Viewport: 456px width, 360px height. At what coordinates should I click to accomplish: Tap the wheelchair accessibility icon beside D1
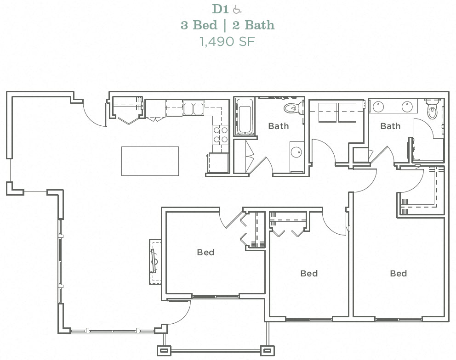(x=237, y=9)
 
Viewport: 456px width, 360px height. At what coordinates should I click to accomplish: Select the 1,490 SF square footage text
(x=227, y=41)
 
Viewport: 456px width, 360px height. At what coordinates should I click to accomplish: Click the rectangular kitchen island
(x=150, y=161)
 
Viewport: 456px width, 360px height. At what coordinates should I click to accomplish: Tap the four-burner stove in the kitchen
(x=220, y=135)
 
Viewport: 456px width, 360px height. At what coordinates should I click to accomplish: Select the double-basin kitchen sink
(x=194, y=109)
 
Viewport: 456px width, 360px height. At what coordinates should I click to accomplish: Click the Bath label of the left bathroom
(x=279, y=126)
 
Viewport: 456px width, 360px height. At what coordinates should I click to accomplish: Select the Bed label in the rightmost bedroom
(x=398, y=273)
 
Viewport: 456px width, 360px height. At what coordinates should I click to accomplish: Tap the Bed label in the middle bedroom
(x=309, y=273)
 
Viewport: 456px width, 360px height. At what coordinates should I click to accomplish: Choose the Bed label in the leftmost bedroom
(x=205, y=252)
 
